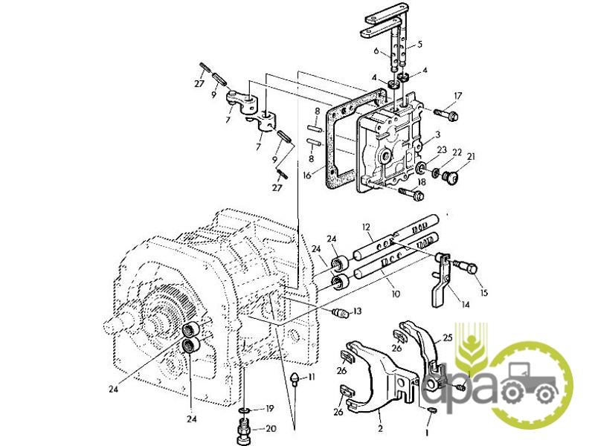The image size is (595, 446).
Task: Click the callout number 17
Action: [457, 96]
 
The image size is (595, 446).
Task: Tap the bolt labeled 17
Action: [446, 114]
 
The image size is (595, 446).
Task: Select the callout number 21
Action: [471, 156]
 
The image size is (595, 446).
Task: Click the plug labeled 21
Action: [451, 176]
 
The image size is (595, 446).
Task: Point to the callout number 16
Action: [307, 175]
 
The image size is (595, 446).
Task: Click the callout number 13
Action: [357, 311]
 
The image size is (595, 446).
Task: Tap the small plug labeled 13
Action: [340, 314]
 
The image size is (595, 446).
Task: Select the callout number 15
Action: [483, 292]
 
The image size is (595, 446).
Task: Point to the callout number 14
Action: [466, 305]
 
